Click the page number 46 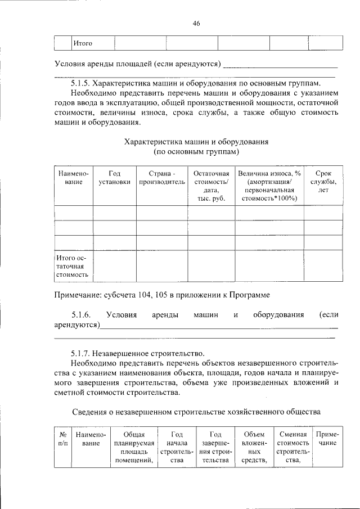[x=196, y=23]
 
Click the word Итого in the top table [x=83, y=43]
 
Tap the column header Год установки [x=114, y=178]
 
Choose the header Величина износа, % [x=269, y=173]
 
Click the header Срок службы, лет [x=323, y=182]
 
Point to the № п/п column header [x=63, y=439]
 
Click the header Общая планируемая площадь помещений [x=133, y=448]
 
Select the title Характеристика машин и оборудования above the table [x=196, y=142]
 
